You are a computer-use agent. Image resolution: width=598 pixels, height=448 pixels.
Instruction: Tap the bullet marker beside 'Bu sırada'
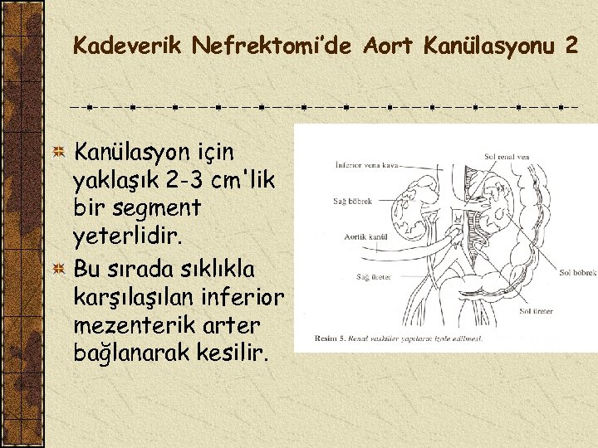click(58, 268)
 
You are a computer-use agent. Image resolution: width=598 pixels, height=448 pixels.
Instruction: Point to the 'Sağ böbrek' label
click(352, 201)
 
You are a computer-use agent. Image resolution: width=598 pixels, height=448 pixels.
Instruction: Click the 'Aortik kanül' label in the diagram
click(366, 237)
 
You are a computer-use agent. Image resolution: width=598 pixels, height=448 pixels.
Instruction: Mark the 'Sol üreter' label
click(536, 311)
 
